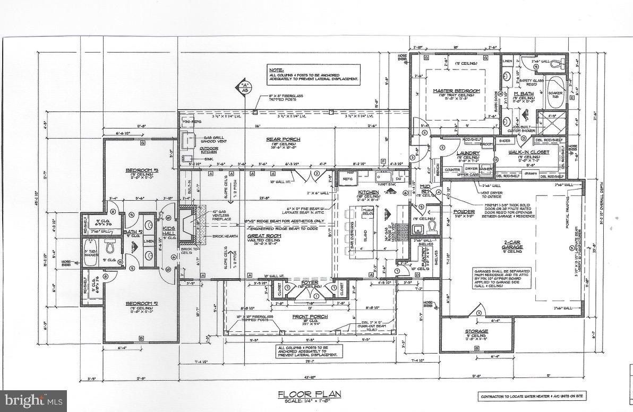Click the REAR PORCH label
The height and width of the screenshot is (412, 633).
click(x=283, y=139)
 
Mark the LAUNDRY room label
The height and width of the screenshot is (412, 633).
click(x=468, y=153)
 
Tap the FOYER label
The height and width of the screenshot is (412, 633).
click(x=310, y=282)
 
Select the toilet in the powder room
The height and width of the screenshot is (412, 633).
click(x=432, y=228)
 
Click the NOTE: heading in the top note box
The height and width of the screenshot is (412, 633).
click(x=276, y=70)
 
